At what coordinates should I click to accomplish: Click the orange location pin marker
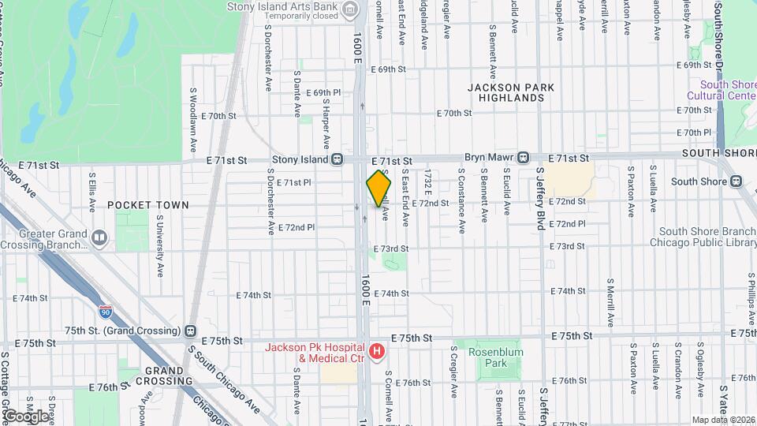(x=378, y=189)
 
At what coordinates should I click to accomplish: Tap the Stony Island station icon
(x=337, y=159)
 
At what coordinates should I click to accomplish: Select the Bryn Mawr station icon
(x=523, y=159)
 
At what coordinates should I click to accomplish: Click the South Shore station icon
(x=736, y=181)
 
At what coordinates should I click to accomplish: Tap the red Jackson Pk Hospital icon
(x=377, y=351)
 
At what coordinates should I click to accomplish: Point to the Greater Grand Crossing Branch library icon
(x=99, y=237)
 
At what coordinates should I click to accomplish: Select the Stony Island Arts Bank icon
(x=351, y=9)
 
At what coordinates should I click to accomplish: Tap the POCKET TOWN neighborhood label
(x=148, y=205)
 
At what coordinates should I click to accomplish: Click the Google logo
(x=26, y=416)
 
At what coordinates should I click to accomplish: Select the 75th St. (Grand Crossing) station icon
(x=191, y=331)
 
